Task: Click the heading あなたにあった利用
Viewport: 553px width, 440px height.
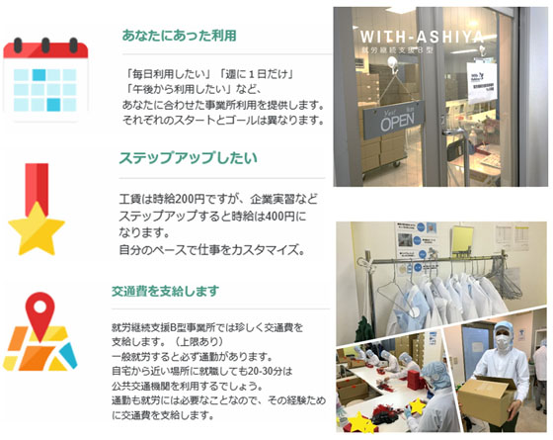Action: pos(179,36)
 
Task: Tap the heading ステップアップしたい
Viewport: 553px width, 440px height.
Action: pos(189,158)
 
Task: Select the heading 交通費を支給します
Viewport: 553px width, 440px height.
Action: pos(166,291)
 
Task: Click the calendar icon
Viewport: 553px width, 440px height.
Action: pos(45,78)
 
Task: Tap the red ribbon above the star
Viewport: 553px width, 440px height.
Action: pos(37,187)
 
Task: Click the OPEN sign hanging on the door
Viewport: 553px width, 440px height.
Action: pos(394,120)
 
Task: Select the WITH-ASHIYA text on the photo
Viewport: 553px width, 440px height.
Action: pos(423,38)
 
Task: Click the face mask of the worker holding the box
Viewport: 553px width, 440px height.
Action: pos(503,342)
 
